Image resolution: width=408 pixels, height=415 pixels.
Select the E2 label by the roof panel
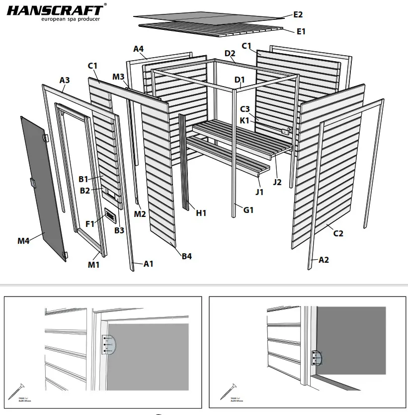(298, 15)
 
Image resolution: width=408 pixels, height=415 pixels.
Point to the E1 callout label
(301, 31)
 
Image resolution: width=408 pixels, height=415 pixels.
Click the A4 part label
(138, 49)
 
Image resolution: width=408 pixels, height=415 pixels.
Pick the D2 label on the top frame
(230, 53)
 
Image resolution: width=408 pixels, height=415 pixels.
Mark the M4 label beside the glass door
(24, 241)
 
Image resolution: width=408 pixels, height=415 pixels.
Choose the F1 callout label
(90, 224)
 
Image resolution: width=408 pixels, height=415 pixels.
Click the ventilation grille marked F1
(110, 215)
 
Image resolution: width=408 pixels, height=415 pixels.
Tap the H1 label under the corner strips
(201, 213)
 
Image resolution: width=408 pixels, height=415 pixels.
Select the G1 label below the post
(248, 210)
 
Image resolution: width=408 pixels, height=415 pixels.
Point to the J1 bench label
(259, 192)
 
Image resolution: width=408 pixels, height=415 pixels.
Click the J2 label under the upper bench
(277, 182)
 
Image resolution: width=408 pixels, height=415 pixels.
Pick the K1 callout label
(245, 120)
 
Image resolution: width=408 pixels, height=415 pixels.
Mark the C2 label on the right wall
(338, 233)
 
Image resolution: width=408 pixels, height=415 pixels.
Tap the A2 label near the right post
(324, 260)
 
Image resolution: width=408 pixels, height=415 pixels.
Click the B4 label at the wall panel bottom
(186, 256)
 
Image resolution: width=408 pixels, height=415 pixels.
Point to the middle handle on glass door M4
(32, 183)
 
